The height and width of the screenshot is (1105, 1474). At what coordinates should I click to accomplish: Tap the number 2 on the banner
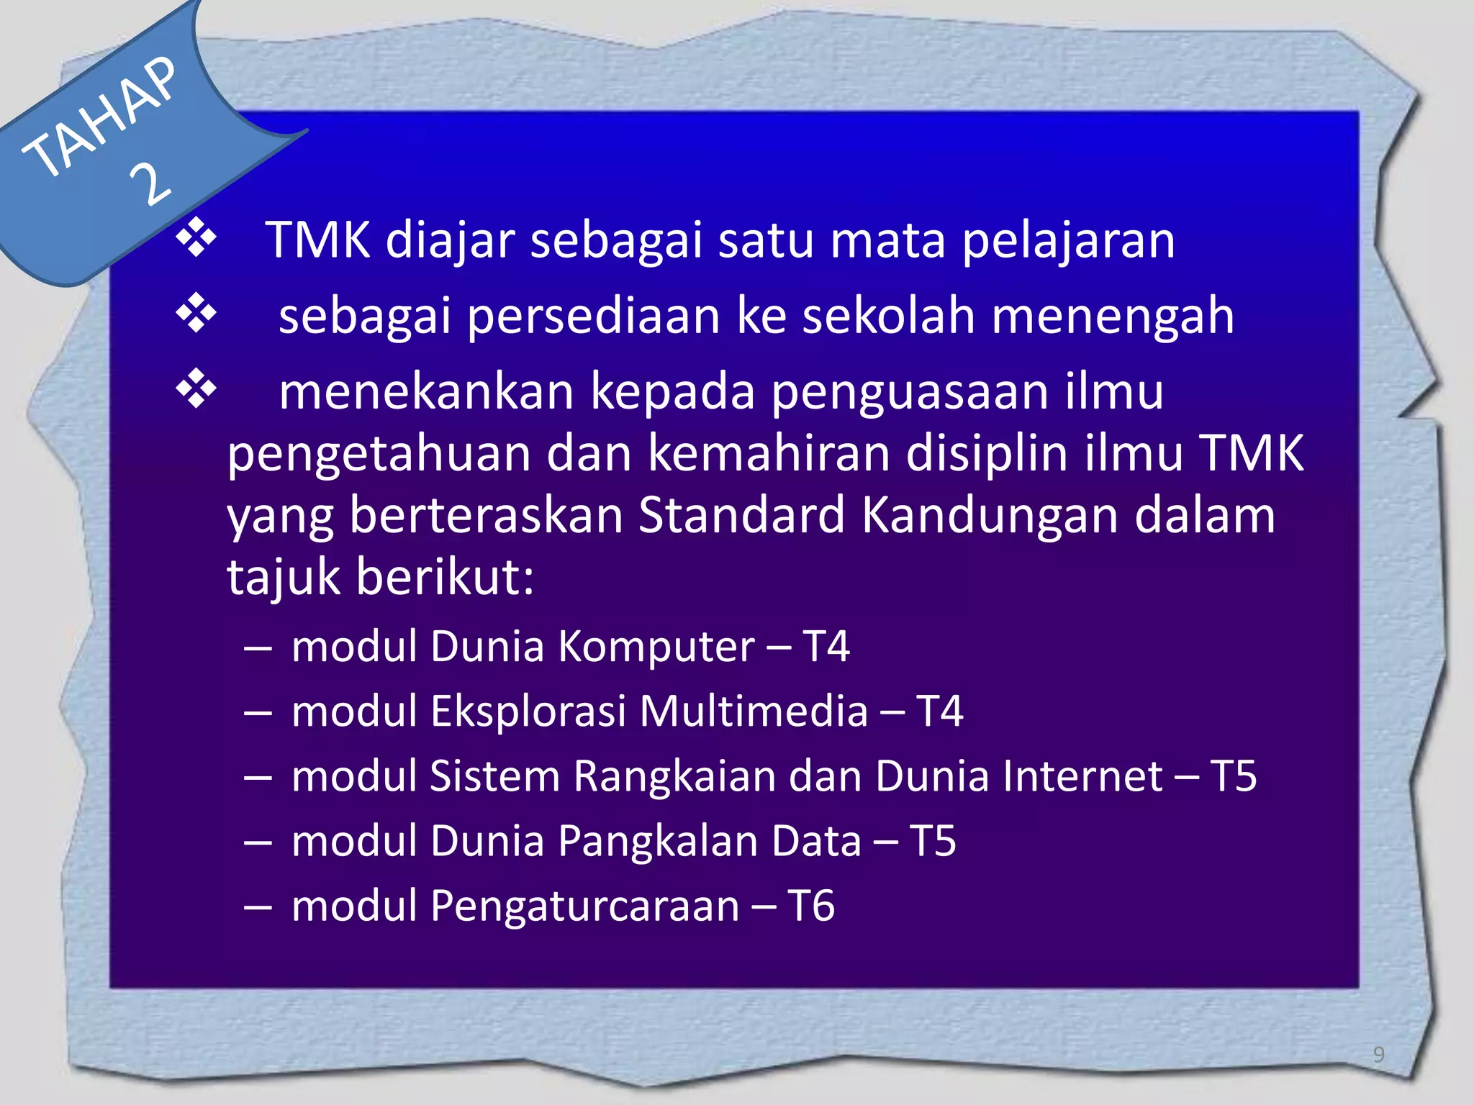[152, 184]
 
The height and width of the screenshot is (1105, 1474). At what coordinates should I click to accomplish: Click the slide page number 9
[1378, 1055]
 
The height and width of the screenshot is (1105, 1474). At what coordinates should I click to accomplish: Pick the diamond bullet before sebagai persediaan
[196, 314]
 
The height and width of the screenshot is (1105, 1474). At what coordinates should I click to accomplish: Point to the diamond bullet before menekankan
[196, 391]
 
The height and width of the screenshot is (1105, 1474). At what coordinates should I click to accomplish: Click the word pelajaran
[1068, 241]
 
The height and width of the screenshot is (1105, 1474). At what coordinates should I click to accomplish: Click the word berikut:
[445, 577]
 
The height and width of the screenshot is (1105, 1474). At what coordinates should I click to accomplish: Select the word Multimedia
[754, 711]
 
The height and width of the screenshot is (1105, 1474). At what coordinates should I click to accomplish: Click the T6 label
[811, 906]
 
